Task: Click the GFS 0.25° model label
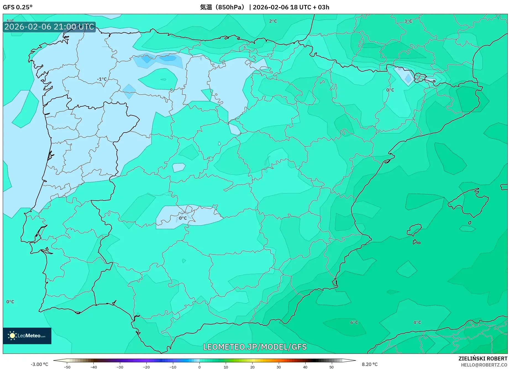coord(18,7)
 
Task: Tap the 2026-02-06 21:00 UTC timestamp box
coord(49,27)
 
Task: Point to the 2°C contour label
coord(273,21)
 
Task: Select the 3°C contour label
coord(408,21)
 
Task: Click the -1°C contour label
coord(102,79)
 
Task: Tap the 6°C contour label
coord(354,322)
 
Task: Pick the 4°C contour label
coord(417,322)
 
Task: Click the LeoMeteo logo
coord(27,336)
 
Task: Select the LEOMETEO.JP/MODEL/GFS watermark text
coord(255,347)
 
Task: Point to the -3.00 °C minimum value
coord(39,364)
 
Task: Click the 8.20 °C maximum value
coord(370,364)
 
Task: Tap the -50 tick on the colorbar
coord(67,367)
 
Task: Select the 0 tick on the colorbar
coord(199,367)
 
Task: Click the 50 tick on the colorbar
coord(332,367)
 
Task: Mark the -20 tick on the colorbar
coord(146,367)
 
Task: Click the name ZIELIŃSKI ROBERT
coord(483,359)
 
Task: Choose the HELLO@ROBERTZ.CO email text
coord(484,365)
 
